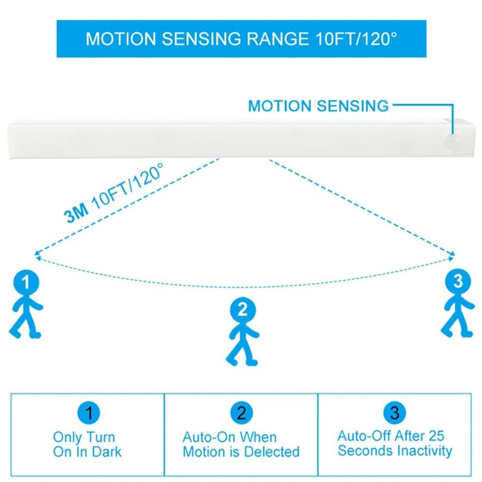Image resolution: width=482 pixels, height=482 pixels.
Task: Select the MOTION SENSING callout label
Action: pos(318,106)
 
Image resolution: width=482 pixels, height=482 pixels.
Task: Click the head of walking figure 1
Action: pos(26,282)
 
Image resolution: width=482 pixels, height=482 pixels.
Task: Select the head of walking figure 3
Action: pos(458,282)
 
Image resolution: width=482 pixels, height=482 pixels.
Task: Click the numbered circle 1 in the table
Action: pos(89,413)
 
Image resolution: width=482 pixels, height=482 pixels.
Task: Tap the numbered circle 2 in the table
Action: pos(241,413)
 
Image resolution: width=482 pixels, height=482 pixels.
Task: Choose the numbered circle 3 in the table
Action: pos(394,413)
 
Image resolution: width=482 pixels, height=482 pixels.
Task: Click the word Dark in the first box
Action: pos(106,452)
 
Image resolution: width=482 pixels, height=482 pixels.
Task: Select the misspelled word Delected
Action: pos(272,452)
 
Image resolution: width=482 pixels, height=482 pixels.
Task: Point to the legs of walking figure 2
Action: pos(242,355)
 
